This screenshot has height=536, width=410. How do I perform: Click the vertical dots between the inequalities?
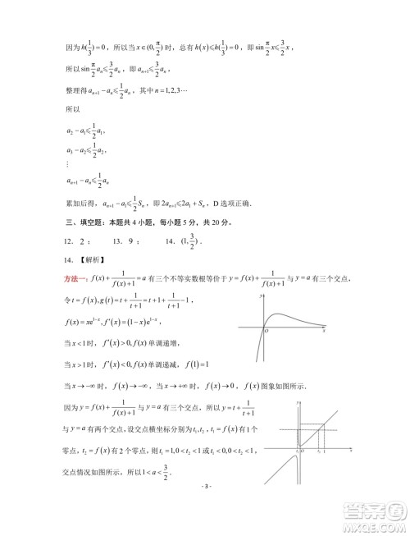tap(66, 164)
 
